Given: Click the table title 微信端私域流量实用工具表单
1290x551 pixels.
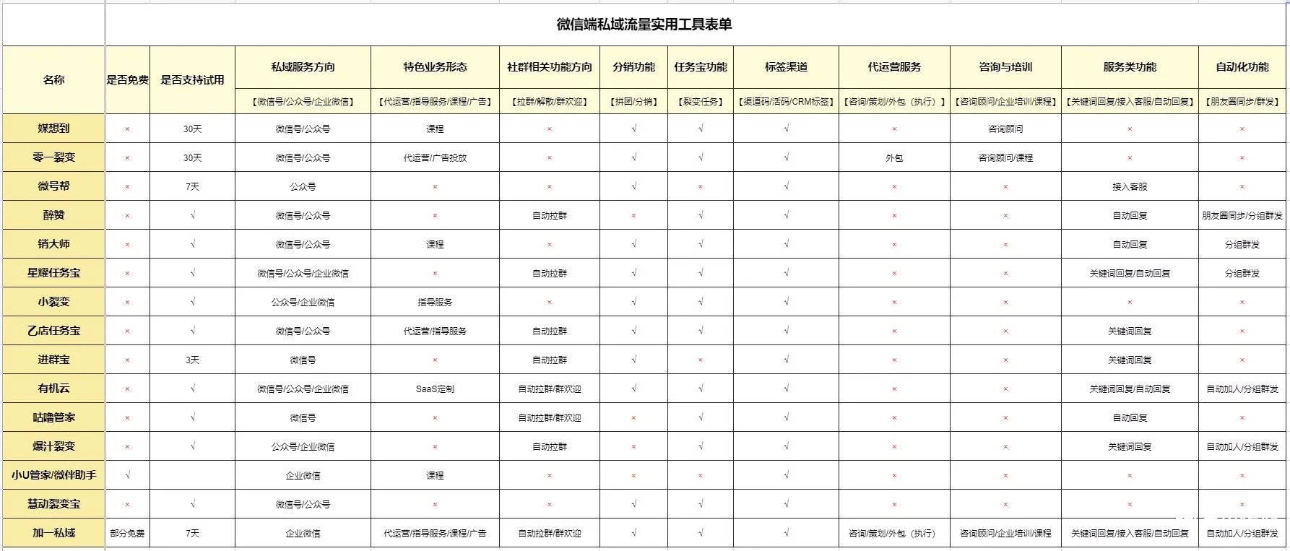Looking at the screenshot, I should pyautogui.click(x=644, y=25).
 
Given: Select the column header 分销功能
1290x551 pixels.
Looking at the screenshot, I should pyautogui.click(x=633, y=67).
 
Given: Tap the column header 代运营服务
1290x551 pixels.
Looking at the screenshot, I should pyautogui.click(x=894, y=67).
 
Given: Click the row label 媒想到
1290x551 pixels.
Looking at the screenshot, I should pyautogui.click(x=54, y=129).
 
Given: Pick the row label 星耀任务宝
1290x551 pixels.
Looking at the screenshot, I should pyautogui.click(x=54, y=273).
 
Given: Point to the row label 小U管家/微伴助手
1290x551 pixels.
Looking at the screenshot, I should pyautogui.click(x=54, y=475).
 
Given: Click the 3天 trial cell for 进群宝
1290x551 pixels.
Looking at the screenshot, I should pyautogui.click(x=192, y=360).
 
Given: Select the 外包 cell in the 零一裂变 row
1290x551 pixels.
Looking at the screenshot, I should pyautogui.click(x=894, y=157).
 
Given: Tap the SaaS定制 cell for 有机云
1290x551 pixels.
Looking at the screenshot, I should pyautogui.click(x=435, y=389).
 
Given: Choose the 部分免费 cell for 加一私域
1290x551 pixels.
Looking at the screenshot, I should pyautogui.click(x=127, y=533).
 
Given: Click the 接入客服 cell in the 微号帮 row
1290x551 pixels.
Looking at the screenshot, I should pyautogui.click(x=1130, y=186).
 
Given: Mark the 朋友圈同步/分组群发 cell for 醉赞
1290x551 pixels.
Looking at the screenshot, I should pyautogui.click(x=1242, y=215).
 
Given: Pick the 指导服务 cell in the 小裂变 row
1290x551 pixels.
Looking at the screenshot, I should pyautogui.click(x=435, y=302).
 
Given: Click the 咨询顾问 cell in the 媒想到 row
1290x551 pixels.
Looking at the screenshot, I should pyautogui.click(x=1005, y=129).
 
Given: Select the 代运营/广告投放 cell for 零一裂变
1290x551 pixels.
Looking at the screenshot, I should pyautogui.click(x=435, y=157).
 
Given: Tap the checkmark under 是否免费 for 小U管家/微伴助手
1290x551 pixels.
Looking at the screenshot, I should pyautogui.click(x=127, y=475).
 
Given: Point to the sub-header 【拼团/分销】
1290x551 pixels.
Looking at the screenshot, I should pyautogui.click(x=633, y=102).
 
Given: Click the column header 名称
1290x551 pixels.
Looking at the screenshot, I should pyautogui.click(x=54, y=79).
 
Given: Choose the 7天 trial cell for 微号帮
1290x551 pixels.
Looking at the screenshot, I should pyautogui.click(x=192, y=186).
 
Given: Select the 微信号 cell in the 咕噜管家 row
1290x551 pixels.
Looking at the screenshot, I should pyautogui.click(x=303, y=417).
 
